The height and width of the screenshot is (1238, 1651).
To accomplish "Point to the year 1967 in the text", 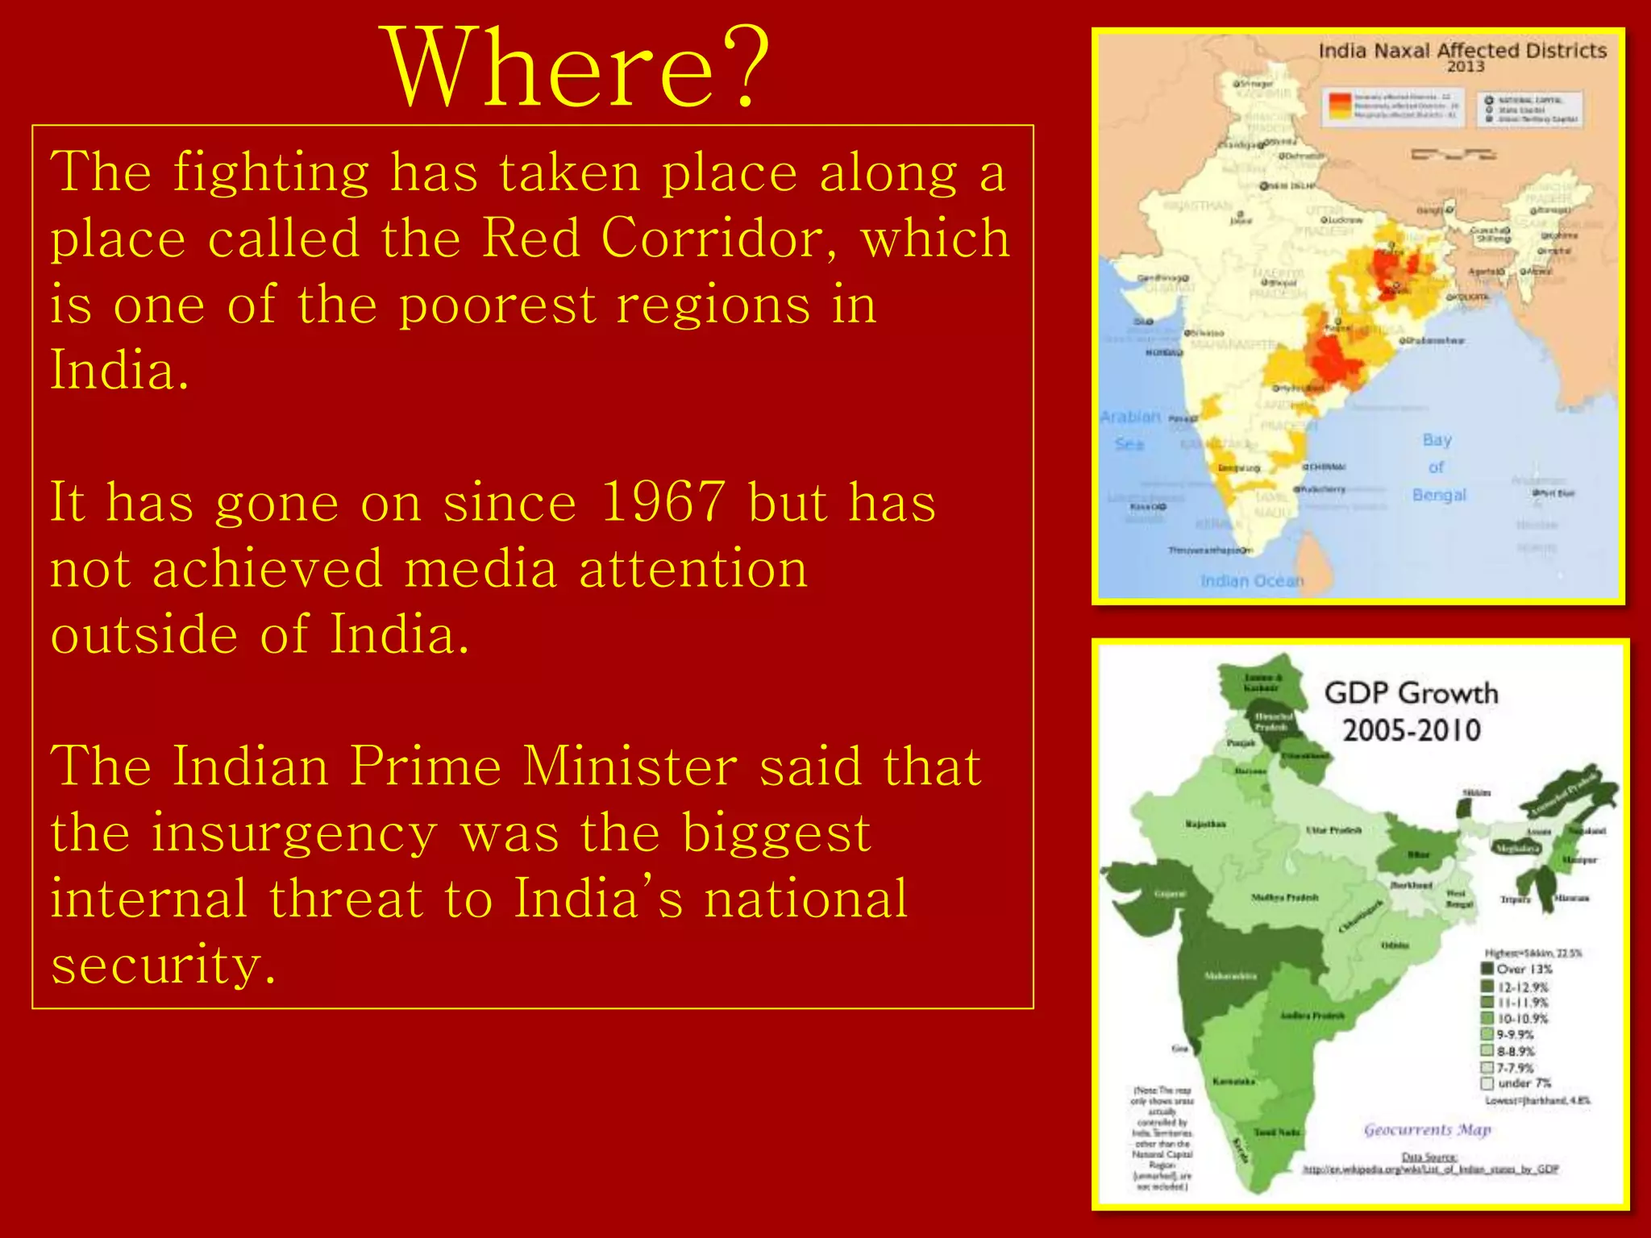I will click(663, 502).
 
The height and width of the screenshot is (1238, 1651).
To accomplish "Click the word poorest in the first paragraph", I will click(497, 305).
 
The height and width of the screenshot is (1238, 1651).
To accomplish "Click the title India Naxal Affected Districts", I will click(1462, 51).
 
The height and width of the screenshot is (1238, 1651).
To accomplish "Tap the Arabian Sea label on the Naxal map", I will click(1130, 430).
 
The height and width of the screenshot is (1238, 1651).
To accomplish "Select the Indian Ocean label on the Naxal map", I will click(1251, 581).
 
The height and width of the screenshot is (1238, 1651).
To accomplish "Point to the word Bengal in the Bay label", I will click(1439, 495).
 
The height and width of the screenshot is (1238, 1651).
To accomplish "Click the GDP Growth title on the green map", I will click(1411, 693).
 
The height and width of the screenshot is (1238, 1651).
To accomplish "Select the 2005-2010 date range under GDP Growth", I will click(1411, 730).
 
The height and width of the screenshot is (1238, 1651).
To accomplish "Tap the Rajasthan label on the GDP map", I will click(1206, 824).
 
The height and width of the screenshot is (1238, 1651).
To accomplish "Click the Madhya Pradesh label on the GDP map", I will click(1285, 897).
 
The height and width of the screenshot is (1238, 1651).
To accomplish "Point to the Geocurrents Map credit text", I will click(1427, 1130).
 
